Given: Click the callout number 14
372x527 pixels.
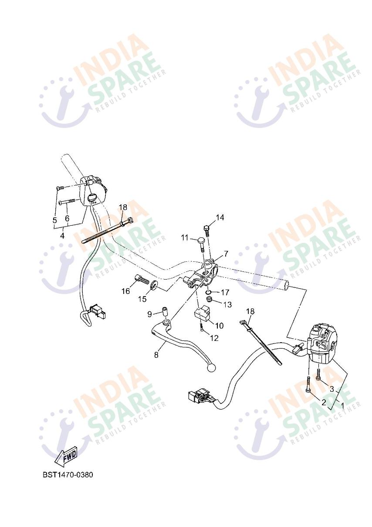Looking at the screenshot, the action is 220,217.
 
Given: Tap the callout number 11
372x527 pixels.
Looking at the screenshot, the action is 185,238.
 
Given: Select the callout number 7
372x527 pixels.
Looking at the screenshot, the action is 226,254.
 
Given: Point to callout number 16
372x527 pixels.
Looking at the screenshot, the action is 125,291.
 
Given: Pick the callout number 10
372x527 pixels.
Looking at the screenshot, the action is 219,326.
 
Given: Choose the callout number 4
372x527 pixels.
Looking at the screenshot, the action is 62,236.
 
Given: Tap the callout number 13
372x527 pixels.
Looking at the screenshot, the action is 227,305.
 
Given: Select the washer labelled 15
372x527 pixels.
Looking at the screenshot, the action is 154,285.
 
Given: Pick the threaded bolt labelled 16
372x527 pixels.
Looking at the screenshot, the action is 142,279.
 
